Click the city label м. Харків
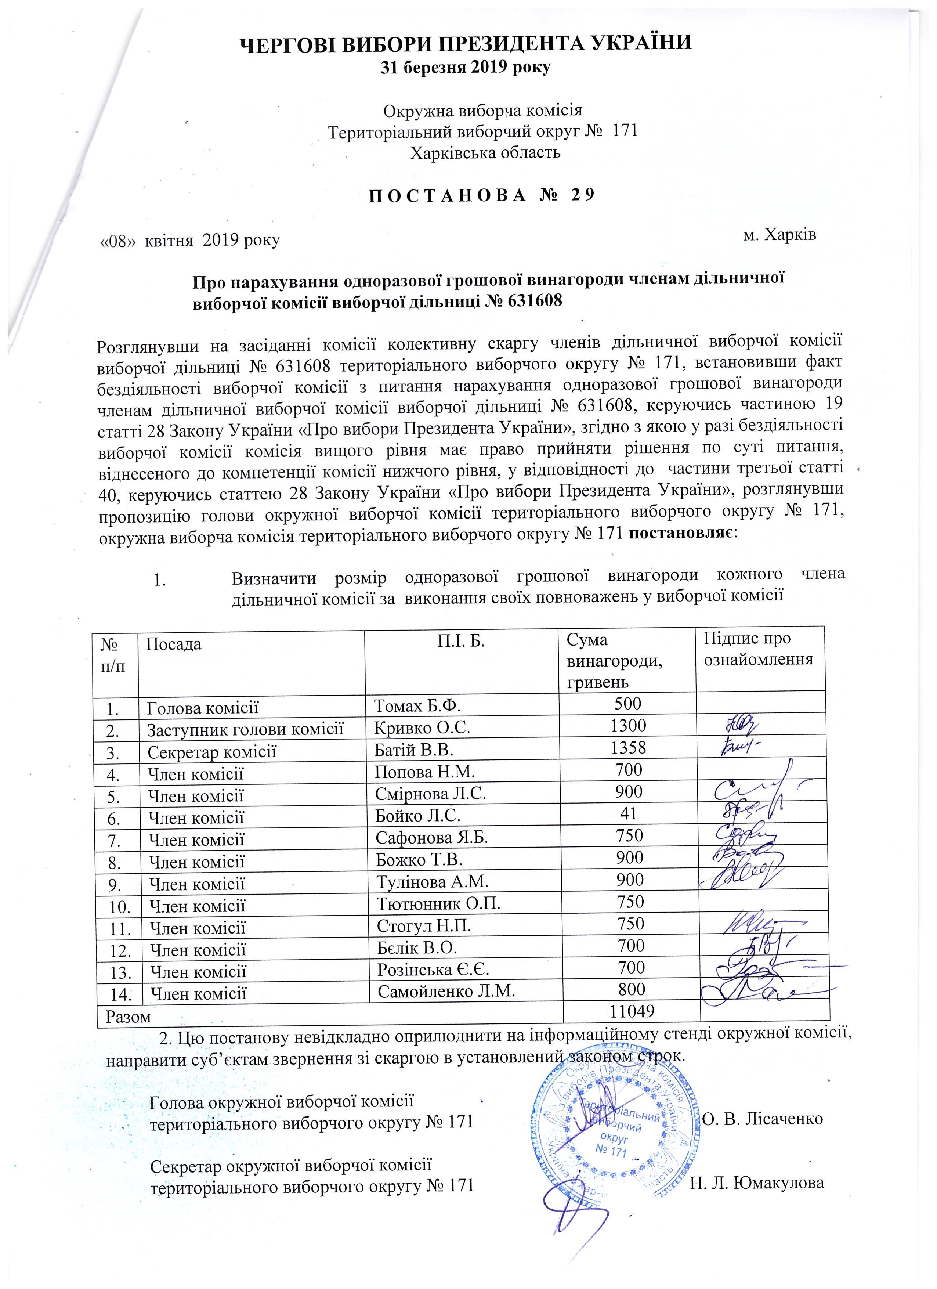779,235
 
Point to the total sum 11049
631,1012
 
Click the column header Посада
174,644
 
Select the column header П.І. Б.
461,641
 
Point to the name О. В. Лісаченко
763,1119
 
